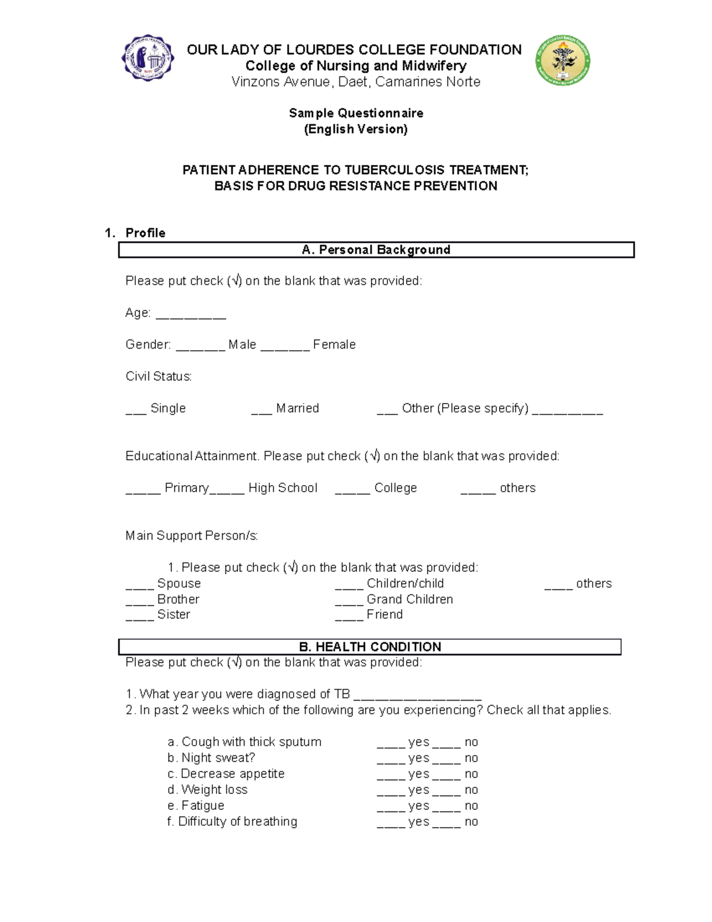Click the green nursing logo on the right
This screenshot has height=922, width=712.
[x=562, y=60]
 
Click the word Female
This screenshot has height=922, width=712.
[x=334, y=344]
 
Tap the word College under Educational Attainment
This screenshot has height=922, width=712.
[x=395, y=488]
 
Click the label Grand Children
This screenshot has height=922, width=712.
[x=409, y=599]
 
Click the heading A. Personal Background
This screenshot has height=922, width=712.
[x=376, y=250]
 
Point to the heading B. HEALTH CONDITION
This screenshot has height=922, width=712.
[x=370, y=647]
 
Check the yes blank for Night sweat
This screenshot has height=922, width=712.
[x=391, y=762]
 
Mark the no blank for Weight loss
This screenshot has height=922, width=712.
[x=447, y=794]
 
